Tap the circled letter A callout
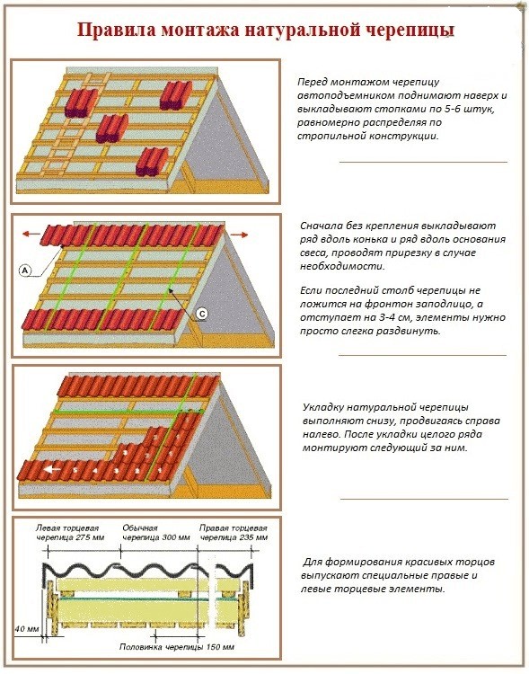pos(25,270)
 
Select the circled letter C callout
pos(202,314)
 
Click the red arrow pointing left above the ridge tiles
pos(31,234)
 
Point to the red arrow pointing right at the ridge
pos(240,235)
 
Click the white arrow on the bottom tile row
pos(52,469)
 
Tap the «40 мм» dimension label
pos(27,629)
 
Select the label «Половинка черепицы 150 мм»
pos(177,647)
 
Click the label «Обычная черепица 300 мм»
pos(156,533)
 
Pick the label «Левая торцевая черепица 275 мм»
pos(70,533)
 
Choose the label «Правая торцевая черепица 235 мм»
pos(234,533)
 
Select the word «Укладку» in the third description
pos(322,407)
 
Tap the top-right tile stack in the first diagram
pos(176,95)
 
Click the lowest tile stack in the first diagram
pos(152,162)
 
